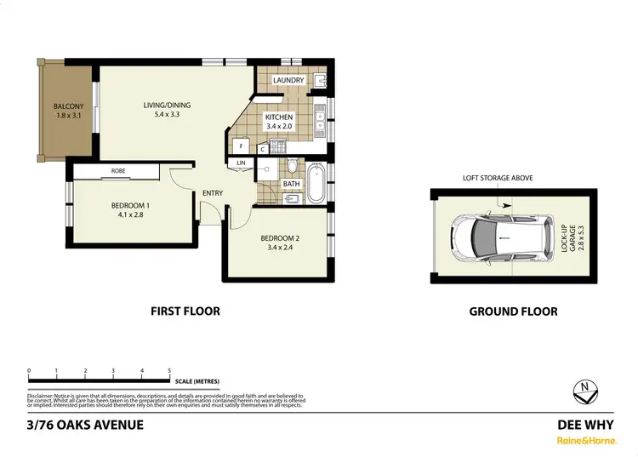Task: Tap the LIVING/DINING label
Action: tap(167, 106)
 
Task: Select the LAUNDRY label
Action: tap(288, 81)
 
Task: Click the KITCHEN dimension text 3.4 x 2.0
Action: tap(279, 127)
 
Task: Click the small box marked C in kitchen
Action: tap(263, 150)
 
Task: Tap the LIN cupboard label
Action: tap(241, 163)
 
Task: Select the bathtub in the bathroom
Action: tap(315, 182)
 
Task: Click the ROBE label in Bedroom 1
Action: tap(118, 171)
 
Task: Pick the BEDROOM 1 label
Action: tap(131, 205)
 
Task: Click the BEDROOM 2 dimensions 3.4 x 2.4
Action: tap(279, 248)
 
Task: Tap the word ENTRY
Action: tap(213, 193)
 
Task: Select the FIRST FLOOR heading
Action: tap(185, 311)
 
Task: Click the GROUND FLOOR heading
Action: tap(514, 311)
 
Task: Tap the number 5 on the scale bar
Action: tap(170, 371)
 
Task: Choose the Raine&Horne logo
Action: tap(586, 441)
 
